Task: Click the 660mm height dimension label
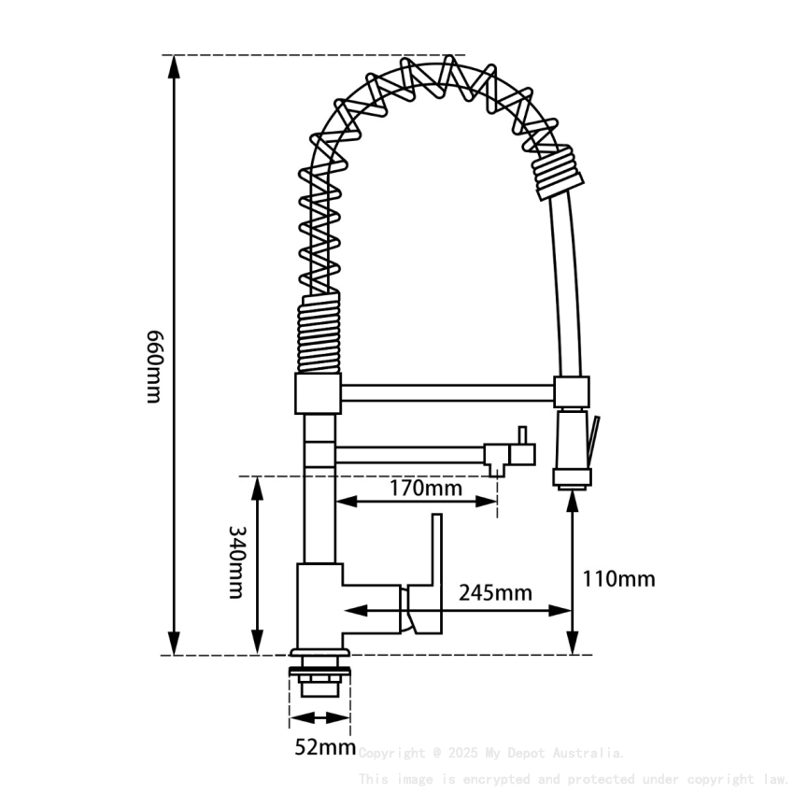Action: click(155, 365)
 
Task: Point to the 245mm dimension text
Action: click(495, 592)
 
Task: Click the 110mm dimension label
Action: click(618, 579)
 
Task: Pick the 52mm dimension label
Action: click(324, 747)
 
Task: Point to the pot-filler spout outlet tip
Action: click(498, 472)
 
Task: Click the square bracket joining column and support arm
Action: click(318, 393)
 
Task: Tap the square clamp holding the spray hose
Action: click(572, 391)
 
